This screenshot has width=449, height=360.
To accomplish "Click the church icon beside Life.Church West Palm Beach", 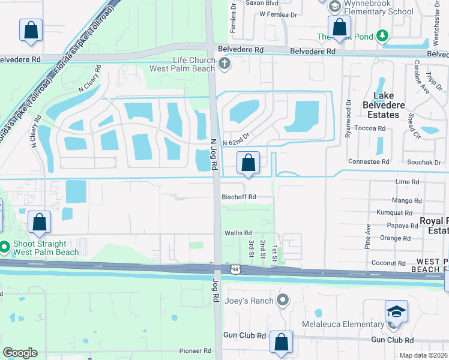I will click(x=224, y=64).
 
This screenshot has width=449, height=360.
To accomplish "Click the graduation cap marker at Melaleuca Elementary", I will click(x=396, y=313).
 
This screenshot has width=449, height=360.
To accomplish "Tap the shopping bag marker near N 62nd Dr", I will click(x=248, y=163).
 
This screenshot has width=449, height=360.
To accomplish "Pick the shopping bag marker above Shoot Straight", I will click(x=39, y=223).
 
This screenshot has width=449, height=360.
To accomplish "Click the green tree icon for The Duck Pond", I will click(x=382, y=37).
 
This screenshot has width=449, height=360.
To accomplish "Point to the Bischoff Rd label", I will click(x=239, y=197).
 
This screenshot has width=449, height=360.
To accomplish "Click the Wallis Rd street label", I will click(x=238, y=233).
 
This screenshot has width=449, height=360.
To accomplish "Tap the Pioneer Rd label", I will click(x=195, y=350).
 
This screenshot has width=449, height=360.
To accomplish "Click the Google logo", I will click(x=20, y=353).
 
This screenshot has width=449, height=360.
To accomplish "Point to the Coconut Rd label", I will click(x=388, y=262).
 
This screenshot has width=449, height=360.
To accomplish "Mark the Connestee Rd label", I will click(x=369, y=161).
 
